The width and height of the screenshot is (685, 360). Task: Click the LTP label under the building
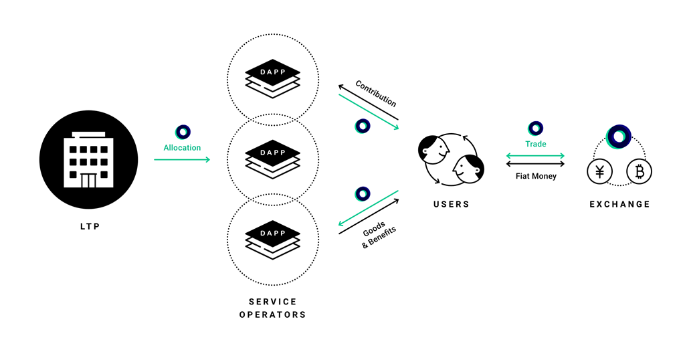coord(89,227)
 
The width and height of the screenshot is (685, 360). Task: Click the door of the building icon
coord(88,179)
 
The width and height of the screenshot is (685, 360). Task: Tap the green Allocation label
coord(182,147)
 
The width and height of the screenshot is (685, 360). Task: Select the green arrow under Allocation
coord(182,159)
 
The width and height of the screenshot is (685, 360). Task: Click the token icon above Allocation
coord(183,132)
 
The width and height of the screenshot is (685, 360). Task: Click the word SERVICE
coord(272,302)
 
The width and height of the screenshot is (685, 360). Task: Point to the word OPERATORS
coord(272,314)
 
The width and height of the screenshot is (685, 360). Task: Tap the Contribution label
coord(376,94)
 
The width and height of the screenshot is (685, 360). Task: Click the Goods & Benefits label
coord(379,237)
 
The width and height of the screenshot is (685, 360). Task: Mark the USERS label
coord(451,204)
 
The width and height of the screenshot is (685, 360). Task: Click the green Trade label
coord(535,144)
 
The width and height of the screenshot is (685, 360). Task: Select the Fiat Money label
coord(536,176)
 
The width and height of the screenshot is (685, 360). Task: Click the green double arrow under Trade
coord(536,156)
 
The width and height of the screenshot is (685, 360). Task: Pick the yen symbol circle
coord(599,173)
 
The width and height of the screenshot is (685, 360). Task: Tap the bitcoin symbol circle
coord(639,173)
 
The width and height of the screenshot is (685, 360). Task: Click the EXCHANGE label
coord(619,204)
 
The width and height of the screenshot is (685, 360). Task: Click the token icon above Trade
coord(535,128)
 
